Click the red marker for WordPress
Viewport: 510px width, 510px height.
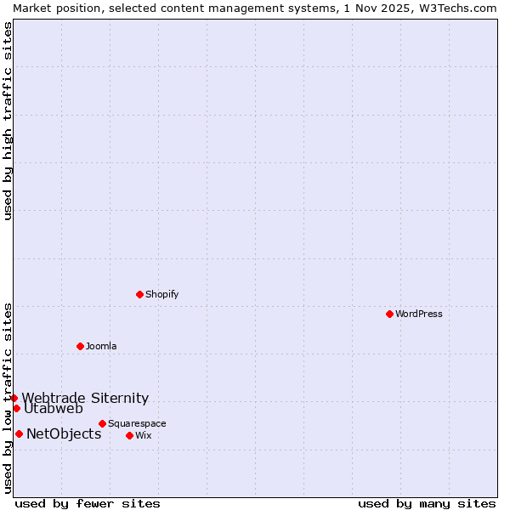[389, 314]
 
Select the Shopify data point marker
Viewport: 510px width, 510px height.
[139, 294]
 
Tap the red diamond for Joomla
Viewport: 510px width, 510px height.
[80, 346]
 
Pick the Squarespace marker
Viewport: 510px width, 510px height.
[102, 423]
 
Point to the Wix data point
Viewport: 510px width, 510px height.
[129, 435]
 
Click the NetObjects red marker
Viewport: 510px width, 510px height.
[19, 433]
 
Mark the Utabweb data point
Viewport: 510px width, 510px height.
[16, 408]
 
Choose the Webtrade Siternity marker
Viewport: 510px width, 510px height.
[14, 398]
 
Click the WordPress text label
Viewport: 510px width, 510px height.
[419, 314]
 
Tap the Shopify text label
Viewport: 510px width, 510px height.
[162, 294]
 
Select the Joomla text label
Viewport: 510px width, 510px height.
[101, 346]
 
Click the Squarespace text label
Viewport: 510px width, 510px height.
[137, 423]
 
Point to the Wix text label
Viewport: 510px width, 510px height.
[144, 435]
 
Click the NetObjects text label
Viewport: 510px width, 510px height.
[64, 434]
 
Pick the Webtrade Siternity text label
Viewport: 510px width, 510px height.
[85, 398]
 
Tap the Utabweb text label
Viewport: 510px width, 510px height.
[54, 409]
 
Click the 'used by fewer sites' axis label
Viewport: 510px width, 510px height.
[88, 503]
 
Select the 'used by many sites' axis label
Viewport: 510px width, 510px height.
[427, 503]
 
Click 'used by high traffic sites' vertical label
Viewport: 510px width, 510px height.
[8, 122]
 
